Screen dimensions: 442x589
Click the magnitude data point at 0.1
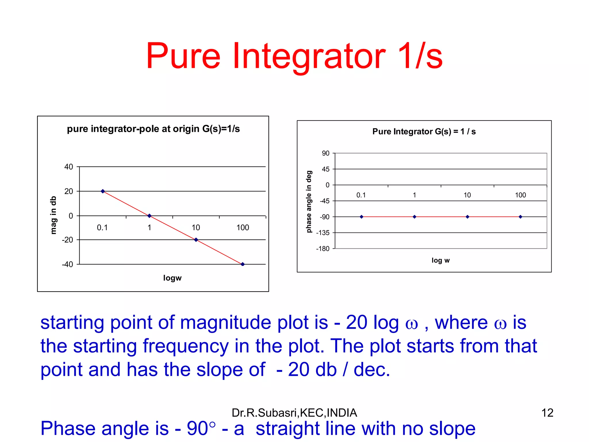point(103,191)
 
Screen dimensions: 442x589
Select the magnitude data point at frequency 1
point(149,216)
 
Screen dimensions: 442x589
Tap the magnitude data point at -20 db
point(196,240)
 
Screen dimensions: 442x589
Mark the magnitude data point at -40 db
point(242,264)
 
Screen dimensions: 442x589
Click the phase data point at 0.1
point(362,217)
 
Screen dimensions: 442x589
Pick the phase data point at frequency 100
point(520,217)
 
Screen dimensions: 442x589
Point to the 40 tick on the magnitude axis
point(69,167)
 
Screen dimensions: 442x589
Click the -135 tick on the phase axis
point(323,233)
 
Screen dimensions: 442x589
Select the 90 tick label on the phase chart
point(326,153)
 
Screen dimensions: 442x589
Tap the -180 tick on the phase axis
point(323,249)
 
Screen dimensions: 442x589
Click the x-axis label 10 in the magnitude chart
point(196,228)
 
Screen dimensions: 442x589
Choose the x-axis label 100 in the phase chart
point(520,195)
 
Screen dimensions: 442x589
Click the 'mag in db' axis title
point(53,215)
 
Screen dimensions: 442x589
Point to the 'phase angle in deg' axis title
point(309,201)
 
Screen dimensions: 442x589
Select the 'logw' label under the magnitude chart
point(172,278)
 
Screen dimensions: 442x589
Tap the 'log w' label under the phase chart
point(440,260)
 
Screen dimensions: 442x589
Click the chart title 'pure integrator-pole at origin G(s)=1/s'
point(153,129)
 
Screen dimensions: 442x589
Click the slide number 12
point(547,413)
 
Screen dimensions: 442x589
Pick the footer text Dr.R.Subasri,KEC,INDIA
point(294,413)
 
